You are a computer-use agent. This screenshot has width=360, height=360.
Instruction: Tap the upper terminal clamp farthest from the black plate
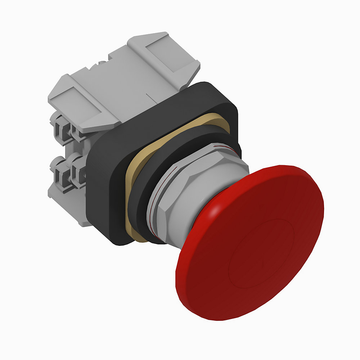tap(59, 122)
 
